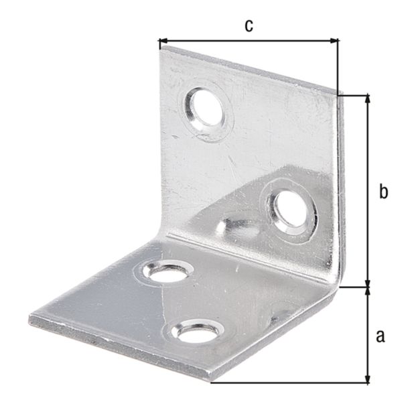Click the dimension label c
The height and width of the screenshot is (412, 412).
pos(248,25)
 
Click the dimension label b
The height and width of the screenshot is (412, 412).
pos(383,192)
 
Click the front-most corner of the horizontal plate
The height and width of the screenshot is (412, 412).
pos(210,382)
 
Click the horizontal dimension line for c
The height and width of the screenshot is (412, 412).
pos(248,42)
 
